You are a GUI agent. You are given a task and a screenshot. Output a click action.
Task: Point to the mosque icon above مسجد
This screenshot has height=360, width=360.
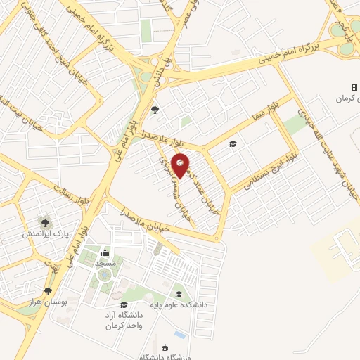coord(105,252)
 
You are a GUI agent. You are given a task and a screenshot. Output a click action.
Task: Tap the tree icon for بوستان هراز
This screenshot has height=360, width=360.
coord(48,290)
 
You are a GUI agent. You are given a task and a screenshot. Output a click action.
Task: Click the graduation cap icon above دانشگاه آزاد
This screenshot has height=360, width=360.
coord(124,304)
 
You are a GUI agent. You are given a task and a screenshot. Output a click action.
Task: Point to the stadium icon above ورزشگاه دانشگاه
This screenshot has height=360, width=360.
coord(165,347)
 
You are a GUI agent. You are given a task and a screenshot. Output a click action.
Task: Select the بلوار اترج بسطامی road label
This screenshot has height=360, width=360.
coord(266,173)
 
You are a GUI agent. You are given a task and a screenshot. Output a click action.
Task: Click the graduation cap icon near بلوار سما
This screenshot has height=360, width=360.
coord(233,144)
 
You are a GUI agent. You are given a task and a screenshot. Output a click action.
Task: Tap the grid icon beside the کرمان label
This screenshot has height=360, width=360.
coord(354,87)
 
